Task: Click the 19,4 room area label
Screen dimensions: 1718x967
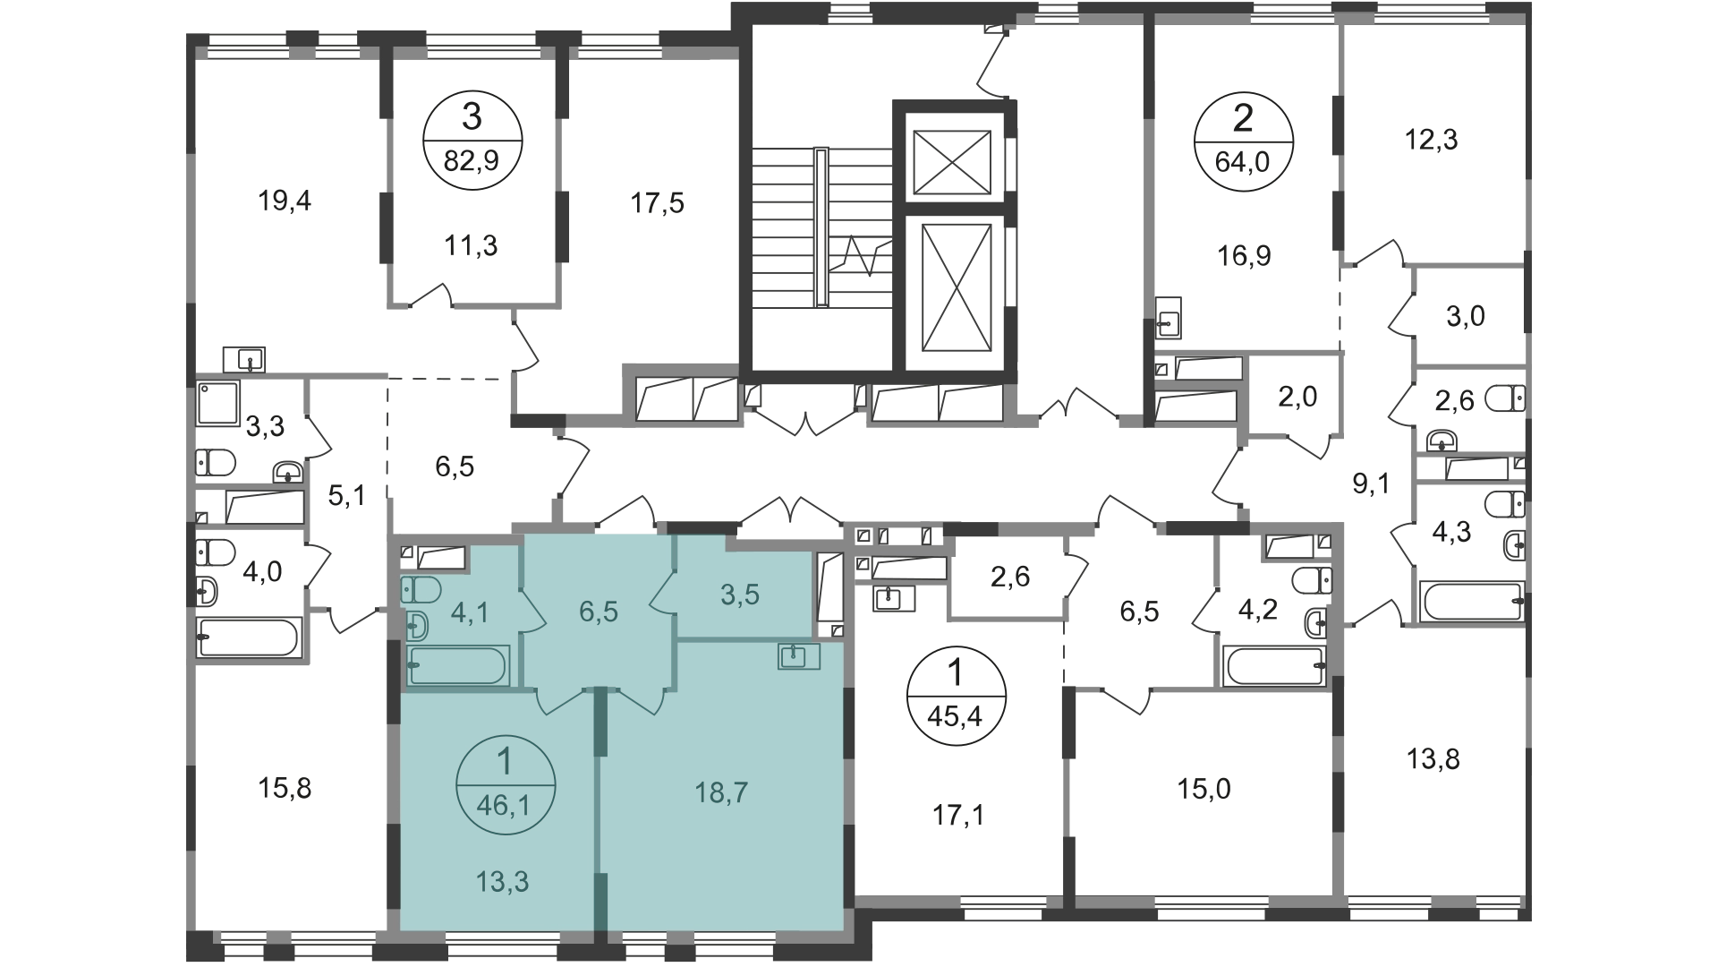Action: [x=285, y=201]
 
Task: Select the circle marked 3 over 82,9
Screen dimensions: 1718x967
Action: [x=472, y=141]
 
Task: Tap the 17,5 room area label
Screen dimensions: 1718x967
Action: [x=658, y=204]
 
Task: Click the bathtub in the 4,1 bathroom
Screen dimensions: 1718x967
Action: [x=458, y=665]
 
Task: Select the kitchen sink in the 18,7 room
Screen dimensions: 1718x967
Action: [x=799, y=656]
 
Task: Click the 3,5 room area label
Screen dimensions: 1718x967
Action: [x=739, y=594]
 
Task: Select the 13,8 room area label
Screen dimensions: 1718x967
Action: [x=1433, y=759]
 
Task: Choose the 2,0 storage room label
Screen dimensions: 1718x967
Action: [x=1297, y=396]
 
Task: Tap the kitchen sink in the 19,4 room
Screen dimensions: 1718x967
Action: [x=244, y=359]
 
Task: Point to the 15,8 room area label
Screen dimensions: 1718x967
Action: [x=285, y=788]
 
